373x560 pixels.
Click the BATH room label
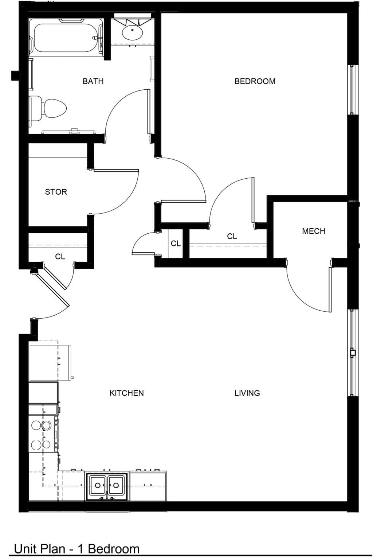coord(93,81)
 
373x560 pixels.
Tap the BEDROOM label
coord(255,81)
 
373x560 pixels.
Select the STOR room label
coord(56,192)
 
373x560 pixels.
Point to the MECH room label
coord(314,231)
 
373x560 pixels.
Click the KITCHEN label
coord(127,393)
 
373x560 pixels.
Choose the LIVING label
coord(247,393)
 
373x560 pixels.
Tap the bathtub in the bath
coord(66,38)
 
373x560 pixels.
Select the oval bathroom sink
coord(133,32)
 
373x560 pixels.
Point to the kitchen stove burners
coord(41,435)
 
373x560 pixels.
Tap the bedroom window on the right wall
coord(352,89)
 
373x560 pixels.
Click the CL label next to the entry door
coord(60,257)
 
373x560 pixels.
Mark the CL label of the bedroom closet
coord(232,236)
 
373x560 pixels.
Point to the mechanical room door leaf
coord(330,289)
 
